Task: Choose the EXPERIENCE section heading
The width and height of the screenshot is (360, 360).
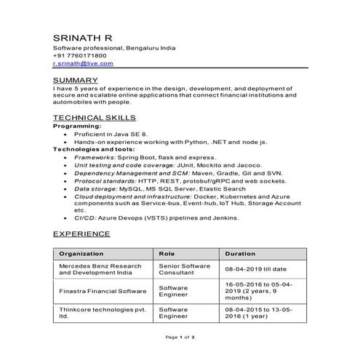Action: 81,234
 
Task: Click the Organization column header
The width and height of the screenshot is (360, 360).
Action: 81,253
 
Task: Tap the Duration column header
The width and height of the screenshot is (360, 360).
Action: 240,253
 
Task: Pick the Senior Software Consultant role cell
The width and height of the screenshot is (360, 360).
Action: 183,271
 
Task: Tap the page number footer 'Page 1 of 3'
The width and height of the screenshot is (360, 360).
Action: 180,338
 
